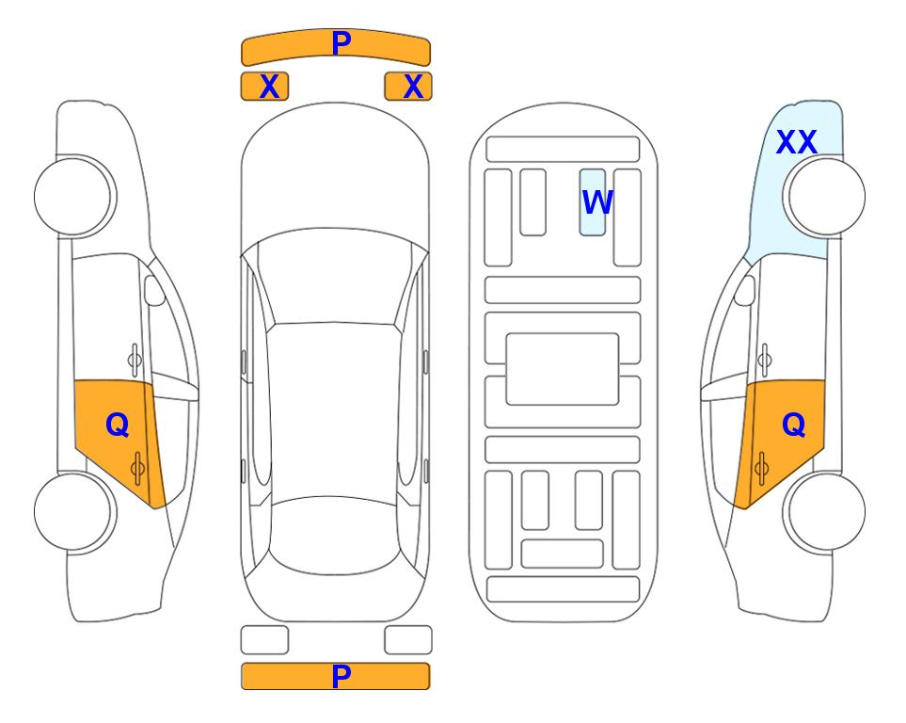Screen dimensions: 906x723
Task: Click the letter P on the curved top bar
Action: (x=341, y=43)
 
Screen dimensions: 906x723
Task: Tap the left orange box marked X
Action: (x=264, y=87)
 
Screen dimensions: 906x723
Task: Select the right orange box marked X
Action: (x=408, y=87)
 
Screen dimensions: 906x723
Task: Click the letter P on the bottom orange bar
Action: (x=341, y=676)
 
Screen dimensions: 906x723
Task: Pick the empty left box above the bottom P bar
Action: (x=264, y=640)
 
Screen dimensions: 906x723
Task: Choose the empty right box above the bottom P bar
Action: (x=408, y=640)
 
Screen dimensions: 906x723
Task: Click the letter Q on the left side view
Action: (x=118, y=426)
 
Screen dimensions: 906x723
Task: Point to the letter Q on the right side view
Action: (x=793, y=426)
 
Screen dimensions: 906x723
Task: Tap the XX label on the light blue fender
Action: (x=796, y=142)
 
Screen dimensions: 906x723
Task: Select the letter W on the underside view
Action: (x=596, y=202)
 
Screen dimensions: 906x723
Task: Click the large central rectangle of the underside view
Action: (x=563, y=369)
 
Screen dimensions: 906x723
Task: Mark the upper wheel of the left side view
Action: (x=75, y=197)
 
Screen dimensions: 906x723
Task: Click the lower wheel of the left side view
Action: (x=75, y=512)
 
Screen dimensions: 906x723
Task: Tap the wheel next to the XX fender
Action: (x=824, y=197)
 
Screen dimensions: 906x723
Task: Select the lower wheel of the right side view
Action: (x=824, y=512)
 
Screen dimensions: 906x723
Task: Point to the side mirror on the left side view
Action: (x=154, y=290)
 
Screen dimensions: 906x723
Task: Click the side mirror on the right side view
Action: (x=745, y=290)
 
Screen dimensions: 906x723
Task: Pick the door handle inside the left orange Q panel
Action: (x=137, y=468)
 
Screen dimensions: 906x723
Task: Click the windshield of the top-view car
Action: (x=334, y=278)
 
